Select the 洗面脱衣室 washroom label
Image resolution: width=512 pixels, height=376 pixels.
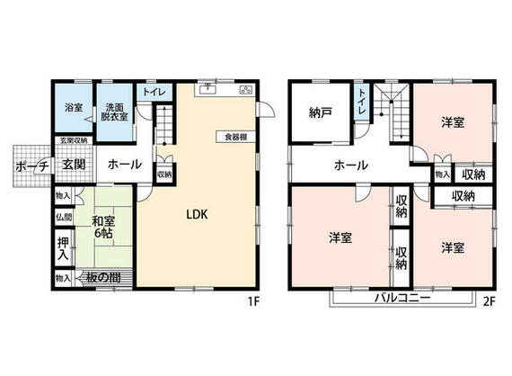pos(114,110)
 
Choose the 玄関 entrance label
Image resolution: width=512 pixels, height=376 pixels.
pos(74,165)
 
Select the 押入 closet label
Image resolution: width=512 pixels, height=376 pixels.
pos(63,248)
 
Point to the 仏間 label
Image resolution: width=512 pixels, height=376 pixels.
pos(63,217)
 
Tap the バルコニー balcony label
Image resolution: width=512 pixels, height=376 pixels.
pos(402,297)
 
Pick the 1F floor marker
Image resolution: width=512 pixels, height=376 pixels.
pos(254,301)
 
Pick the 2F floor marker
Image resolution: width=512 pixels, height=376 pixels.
pos(489,301)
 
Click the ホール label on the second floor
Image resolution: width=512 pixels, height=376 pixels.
pos(350,165)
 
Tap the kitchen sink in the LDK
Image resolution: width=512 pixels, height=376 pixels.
pos(208,88)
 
